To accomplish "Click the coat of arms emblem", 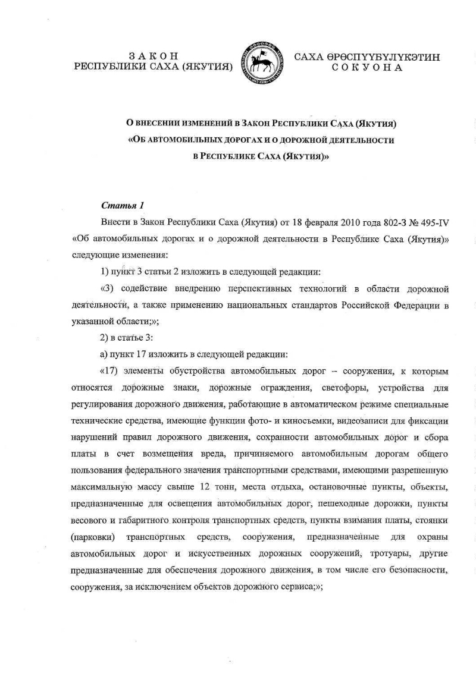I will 261,62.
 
